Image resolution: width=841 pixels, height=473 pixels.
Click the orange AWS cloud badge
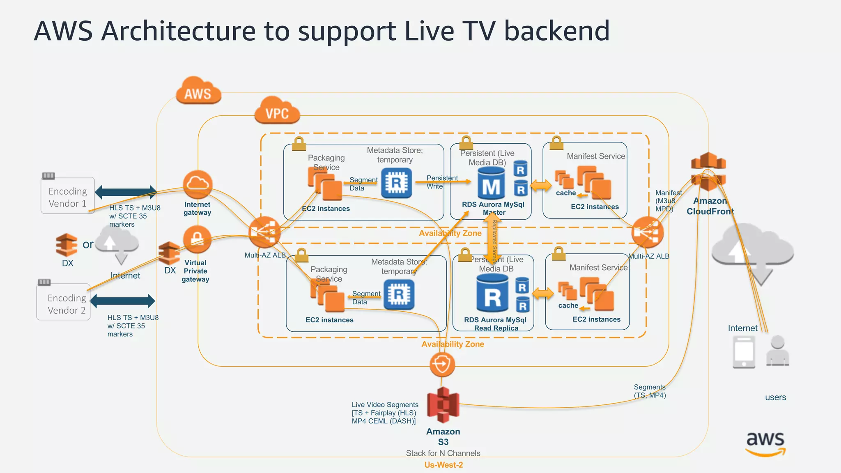[198, 91]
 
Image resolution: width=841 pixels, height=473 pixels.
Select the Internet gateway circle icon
[198, 185]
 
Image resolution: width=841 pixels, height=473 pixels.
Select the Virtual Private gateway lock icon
[197, 239]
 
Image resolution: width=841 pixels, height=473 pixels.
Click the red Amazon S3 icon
[443, 405]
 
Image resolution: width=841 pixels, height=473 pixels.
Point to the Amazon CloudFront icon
[708, 172]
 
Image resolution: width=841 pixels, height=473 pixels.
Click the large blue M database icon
[491, 184]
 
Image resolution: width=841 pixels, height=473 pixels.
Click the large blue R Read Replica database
[492, 294]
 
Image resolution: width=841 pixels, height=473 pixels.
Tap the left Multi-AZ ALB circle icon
[264, 232]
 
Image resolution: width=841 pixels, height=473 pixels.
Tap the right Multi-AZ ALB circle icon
[647, 232]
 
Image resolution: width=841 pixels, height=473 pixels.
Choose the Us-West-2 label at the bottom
[443, 465]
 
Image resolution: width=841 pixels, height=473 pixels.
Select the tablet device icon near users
[744, 352]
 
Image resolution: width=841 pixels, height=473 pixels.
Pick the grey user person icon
[777, 350]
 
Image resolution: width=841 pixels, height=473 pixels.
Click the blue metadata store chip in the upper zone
[396, 183]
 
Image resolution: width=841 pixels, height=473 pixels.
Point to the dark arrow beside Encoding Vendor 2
[122, 301]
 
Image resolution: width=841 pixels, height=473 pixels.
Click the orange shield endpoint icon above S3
[442, 364]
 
